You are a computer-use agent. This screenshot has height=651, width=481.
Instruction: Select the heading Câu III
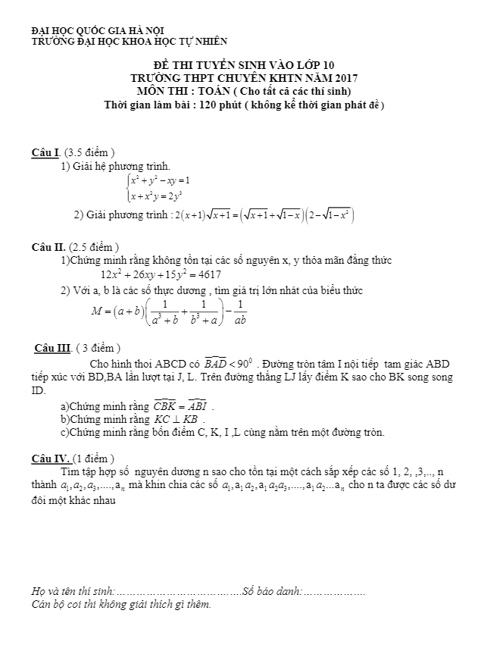[53, 349]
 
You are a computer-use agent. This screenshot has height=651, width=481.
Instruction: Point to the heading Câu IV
[52, 459]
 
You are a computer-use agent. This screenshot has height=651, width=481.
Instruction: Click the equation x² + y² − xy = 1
[160, 181]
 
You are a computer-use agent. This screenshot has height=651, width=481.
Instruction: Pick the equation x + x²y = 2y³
[160, 196]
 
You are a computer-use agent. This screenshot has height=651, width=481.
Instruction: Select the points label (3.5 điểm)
[90, 152]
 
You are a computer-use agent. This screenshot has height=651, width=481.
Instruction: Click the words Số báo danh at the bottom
[271, 591]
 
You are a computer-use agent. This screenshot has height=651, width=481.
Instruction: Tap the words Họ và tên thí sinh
[73, 591]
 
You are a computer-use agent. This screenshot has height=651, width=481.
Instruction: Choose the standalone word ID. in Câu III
[39, 391]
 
